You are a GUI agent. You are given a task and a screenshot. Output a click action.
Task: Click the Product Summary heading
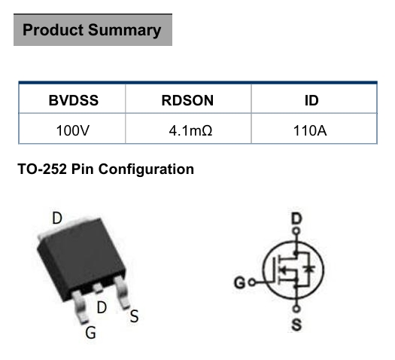point(92,30)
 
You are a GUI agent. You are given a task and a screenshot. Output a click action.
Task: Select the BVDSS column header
point(74,100)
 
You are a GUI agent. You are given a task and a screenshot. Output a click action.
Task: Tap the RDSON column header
point(187,100)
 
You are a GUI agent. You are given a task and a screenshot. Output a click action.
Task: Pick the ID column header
point(311,100)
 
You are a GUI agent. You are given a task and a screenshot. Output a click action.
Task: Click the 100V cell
point(73,130)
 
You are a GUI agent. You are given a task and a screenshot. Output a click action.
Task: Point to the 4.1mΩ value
point(190,130)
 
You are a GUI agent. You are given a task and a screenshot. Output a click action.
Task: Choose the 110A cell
point(310,130)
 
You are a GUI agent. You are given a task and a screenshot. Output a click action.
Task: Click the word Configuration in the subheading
point(146,169)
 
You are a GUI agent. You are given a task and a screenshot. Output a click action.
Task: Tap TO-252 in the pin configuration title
point(42,169)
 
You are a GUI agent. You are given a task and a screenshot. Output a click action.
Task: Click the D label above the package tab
point(57,218)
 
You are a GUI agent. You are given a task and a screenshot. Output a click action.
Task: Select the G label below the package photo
point(91,333)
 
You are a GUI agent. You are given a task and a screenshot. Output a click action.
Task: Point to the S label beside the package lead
point(134,316)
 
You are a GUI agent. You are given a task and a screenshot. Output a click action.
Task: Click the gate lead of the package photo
point(80,307)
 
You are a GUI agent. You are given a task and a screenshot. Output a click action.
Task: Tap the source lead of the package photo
point(121,292)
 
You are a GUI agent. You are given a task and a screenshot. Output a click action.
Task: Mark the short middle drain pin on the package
point(97,288)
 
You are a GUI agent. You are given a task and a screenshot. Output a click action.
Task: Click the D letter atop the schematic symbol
point(296,219)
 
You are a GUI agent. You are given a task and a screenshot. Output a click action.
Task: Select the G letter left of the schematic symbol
point(239,282)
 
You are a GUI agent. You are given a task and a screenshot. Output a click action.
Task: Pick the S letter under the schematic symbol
point(296,325)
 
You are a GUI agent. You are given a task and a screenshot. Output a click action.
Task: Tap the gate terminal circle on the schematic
point(252,282)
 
